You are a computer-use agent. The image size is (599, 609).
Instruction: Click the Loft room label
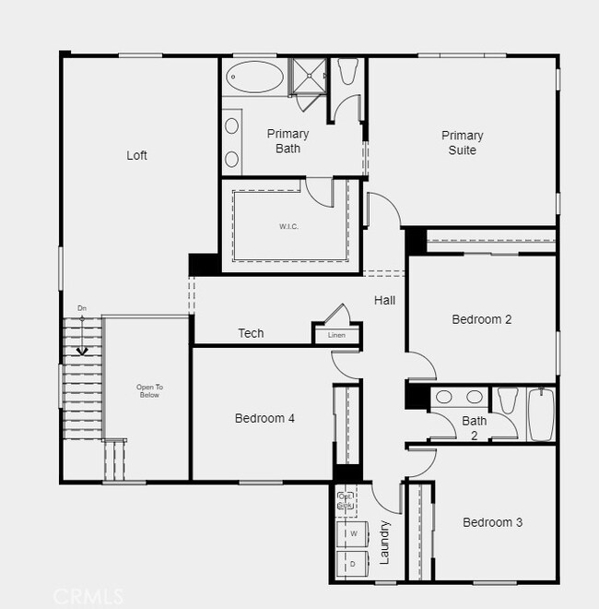(136, 155)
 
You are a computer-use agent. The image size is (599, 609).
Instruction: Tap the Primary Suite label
(462, 142)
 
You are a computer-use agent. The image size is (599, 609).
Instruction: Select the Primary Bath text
(288, 140)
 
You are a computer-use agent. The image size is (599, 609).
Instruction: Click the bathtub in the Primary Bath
(256, 76)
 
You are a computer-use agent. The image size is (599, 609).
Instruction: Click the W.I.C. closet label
(288, 226)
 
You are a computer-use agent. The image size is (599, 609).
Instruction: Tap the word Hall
(385, 300)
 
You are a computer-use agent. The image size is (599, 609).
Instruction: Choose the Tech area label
(251, 333)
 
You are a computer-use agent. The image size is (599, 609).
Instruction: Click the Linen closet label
(336, 335)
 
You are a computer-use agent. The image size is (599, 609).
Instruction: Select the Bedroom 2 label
(481, 319)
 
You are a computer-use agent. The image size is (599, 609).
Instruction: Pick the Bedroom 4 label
(264, 418)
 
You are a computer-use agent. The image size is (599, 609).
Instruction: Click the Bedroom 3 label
(492, 522)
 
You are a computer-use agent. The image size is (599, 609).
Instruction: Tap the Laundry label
(385, 543)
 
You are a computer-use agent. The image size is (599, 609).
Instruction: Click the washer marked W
(353, 533)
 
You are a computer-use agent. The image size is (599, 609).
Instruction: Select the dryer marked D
(353, 563)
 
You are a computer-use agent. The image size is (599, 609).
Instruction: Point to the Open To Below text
(148, 390)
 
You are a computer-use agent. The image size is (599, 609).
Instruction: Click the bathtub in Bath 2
(541, 414)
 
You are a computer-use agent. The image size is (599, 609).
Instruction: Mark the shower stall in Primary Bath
(309, 76)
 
